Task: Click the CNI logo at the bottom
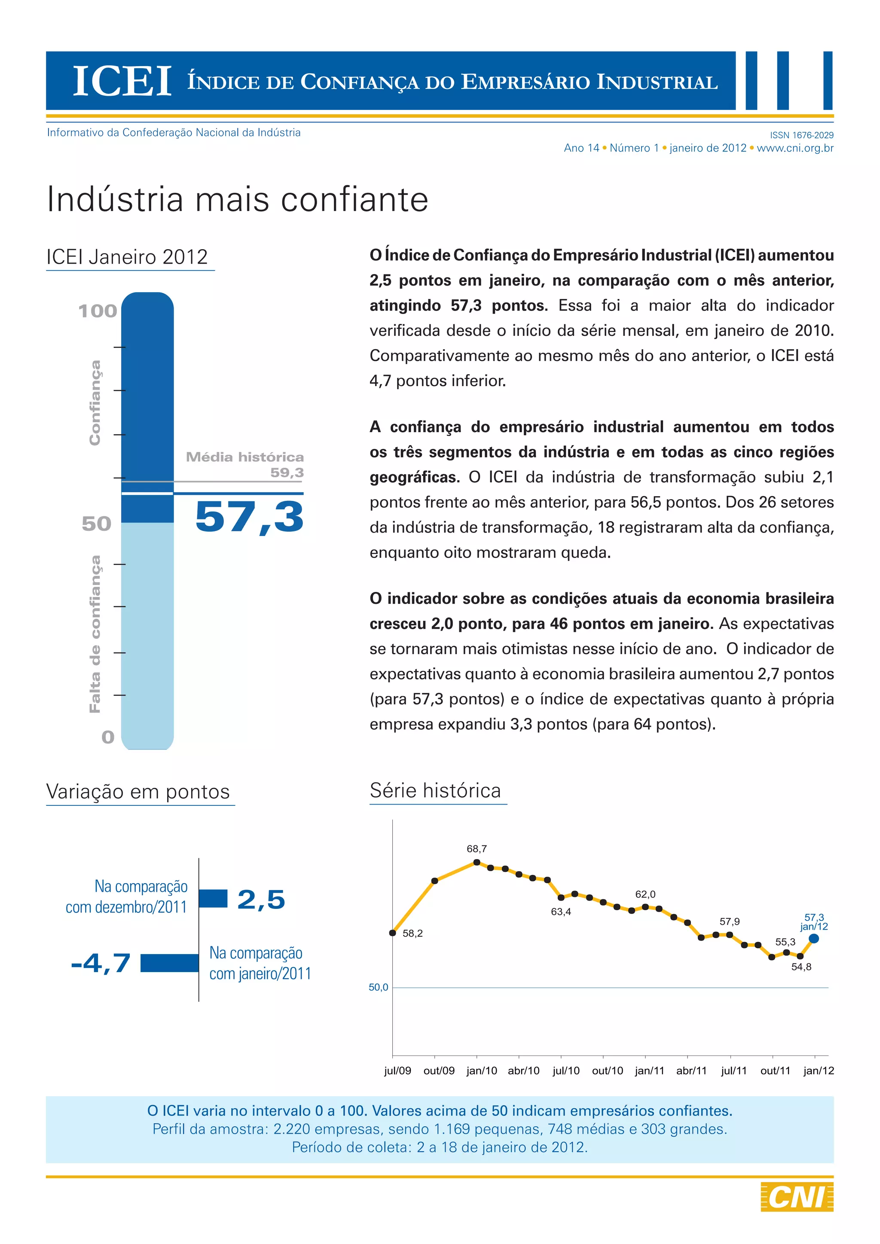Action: coord(797,1196)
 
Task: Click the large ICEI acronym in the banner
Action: coord(122,81)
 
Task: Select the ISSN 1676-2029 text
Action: coord(801,135)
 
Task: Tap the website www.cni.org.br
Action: coord(795,148)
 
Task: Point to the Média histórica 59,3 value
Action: coord(287,473)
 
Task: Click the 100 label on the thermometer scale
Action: coord(98,311)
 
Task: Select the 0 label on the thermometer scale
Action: coord(108,737)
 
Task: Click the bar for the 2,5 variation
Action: coord(213,898)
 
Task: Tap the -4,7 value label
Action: coord(101,963)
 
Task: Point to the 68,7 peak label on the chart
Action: coord(477,848)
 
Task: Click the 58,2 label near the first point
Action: coord(412,933)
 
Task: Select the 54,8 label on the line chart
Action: coord(801,967)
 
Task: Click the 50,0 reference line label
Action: coord(378,987)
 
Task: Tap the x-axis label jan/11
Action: coord(649,1070)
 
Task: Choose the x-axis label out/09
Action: coord(439,1070)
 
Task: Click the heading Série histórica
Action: coord(435,790)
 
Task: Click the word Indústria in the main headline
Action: coord(116,199)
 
